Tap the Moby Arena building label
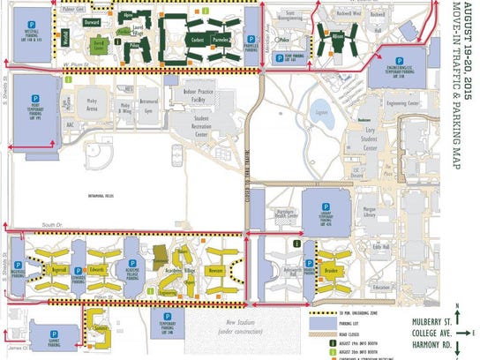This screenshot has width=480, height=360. coord(93,102)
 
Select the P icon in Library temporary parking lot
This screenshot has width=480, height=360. coord(317,199)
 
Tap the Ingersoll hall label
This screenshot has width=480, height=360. coord(60,265)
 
